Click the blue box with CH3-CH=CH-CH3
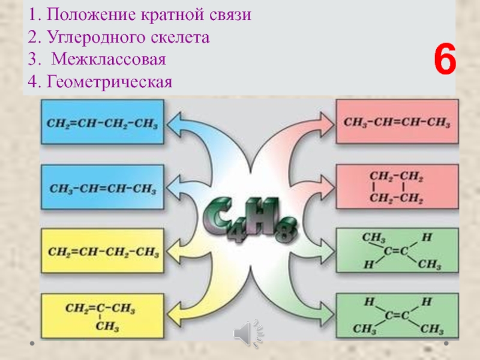(x=101, y=187)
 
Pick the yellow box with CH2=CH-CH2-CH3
(x=101, y=251)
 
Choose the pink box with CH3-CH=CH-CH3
(x=397, y=122)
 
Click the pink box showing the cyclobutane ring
(x=397, y=187)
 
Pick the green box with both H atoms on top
(x=397, y=315)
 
